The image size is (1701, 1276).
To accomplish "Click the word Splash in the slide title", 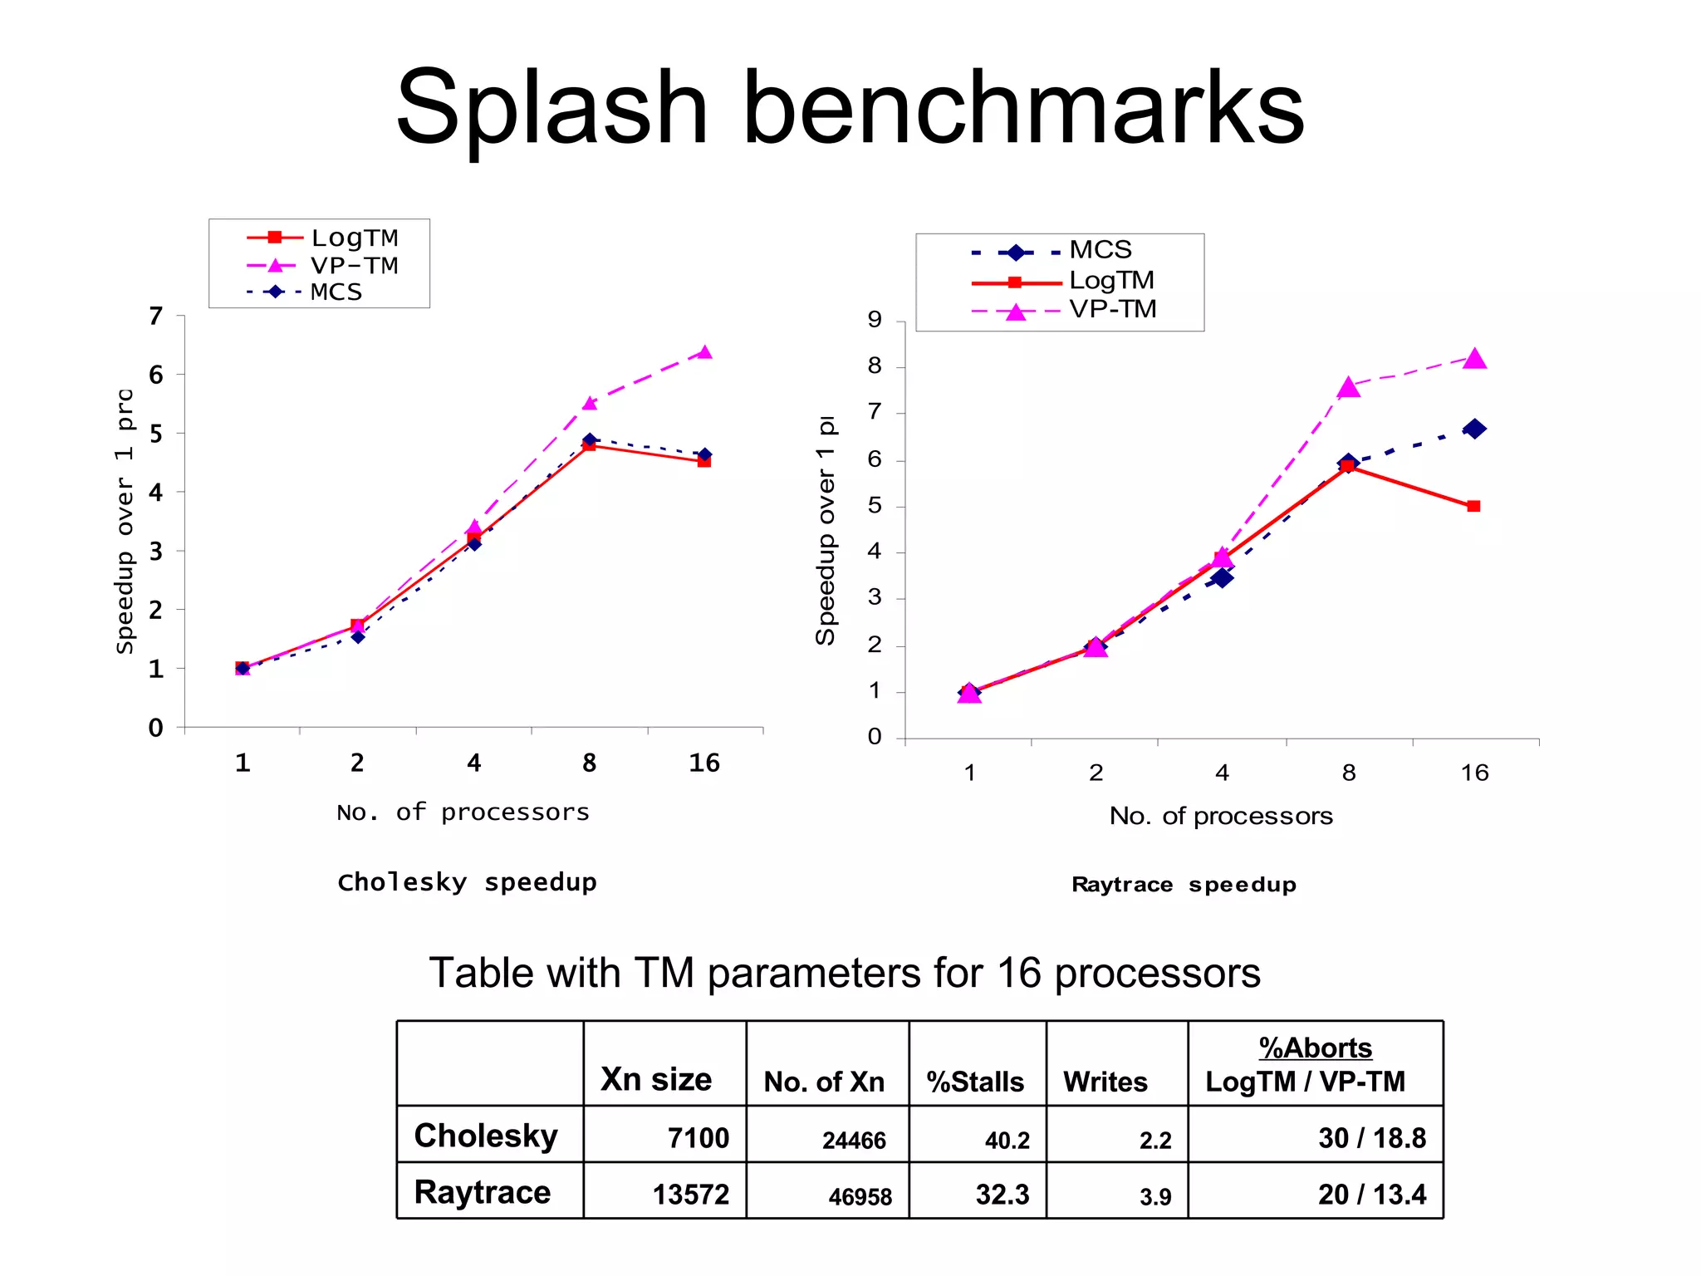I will coord(551,108).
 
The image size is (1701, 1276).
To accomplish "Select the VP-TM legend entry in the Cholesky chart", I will coord(354,266).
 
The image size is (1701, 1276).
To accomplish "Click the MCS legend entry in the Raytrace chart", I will coord(1100,250).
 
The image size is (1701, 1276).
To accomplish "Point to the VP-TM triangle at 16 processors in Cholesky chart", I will coord(704,353).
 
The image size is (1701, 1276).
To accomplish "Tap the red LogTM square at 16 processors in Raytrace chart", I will coord(1473,506).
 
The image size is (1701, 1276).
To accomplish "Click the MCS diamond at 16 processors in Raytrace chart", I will coord(1474,429).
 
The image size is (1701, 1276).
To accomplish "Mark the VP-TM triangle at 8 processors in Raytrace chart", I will coord(1349,388).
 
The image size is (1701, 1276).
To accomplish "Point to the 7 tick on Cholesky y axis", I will coord(156,317).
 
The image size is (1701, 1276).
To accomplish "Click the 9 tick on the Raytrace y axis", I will coord(874,320).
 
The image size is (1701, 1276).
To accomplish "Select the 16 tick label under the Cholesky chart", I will coord(704,763).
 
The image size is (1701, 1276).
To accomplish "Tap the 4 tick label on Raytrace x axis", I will coord(1222,773).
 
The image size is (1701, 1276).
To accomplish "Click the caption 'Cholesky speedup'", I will coord(467,882).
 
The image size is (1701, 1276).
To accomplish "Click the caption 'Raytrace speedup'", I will coord(1184,885).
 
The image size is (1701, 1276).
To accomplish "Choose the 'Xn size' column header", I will coord(656,1079).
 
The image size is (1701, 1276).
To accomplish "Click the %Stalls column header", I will coord(975,1082).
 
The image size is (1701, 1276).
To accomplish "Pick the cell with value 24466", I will coord(854,1141).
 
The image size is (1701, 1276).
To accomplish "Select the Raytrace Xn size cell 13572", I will coord(690,1195).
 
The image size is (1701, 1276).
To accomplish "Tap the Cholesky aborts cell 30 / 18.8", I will coord(1371,1138).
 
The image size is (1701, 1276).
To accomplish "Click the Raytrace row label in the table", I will coord(483,1193).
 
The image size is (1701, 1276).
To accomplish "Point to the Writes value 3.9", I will coord(1155,1197).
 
